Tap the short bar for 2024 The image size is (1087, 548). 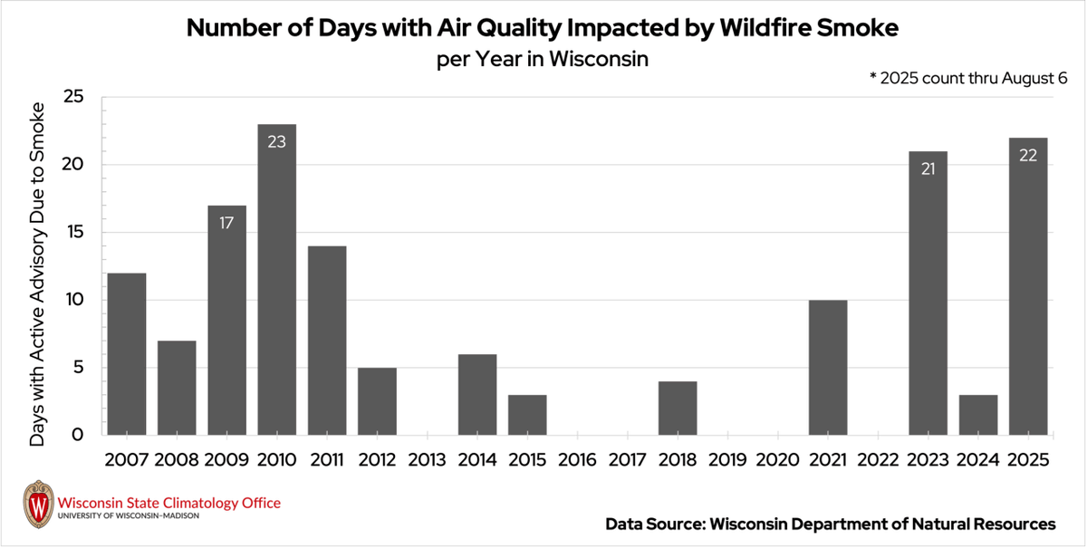(x=977, y=415)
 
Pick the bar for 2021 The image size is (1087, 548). (x=827, y=368)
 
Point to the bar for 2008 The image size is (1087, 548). (x=177, y=388)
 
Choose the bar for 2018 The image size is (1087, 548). (x=677, y=408)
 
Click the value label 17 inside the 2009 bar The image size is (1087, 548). (x=226, y=222)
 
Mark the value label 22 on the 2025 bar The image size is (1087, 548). (x=1028, y=155)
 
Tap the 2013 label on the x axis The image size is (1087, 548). (x=427, y=459)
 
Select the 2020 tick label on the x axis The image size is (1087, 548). (x=777, y=459)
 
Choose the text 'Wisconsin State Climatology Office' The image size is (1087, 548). (x=168, y=503)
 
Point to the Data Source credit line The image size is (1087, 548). (x=830, y=524)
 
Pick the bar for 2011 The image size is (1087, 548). (x=327, y=341)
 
